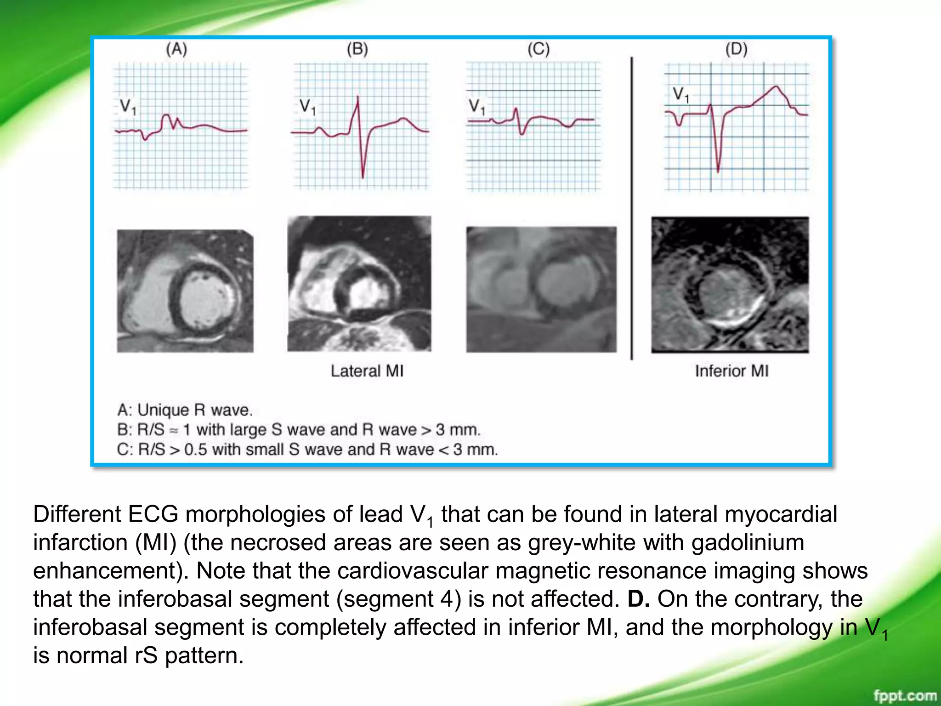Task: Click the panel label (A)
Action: (x=176, y=49)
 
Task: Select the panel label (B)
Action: (x=357, y=49)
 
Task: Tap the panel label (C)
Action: (x=539, y=49)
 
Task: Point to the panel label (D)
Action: (x=736, y=49)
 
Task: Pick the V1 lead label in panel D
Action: (x=681, y=95)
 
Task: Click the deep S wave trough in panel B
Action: (x=363, y=177)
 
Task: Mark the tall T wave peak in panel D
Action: (x=776, y=87)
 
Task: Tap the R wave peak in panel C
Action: (x=516, y=109)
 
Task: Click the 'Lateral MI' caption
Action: (x=367, y=371)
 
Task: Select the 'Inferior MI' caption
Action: (x=731, y=371)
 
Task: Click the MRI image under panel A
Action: (x=185, y=291)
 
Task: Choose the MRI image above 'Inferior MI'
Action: (x=730, y=285)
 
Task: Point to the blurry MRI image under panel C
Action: (x=541, y=290)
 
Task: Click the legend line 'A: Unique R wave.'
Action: (x=185, y=410)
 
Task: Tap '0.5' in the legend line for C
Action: (x=196, y=450)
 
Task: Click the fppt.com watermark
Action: (x=905, y=696)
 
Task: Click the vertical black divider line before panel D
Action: (x=632, y=207)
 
